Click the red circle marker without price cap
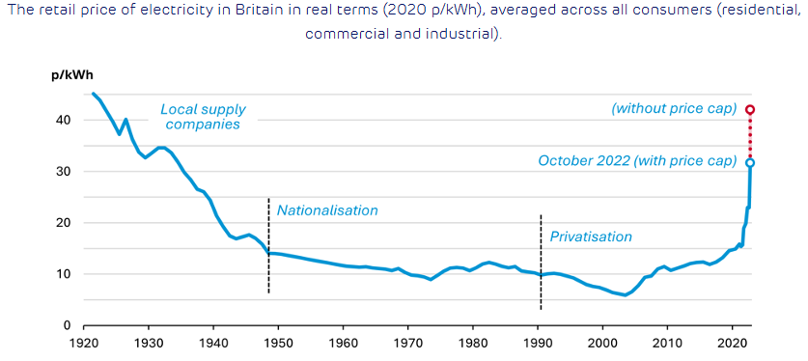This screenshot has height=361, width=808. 750,109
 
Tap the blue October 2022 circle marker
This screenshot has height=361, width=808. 750,162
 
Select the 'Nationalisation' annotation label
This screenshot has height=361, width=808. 327,210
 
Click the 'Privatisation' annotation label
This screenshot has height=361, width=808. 591,236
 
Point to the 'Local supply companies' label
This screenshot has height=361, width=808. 203,117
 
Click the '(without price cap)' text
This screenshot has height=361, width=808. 674,109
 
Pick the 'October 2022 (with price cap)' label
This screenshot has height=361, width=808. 637,160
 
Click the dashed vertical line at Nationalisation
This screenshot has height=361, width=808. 269,245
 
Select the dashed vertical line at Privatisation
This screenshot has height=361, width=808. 541,262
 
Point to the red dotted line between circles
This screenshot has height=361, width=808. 750,135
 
